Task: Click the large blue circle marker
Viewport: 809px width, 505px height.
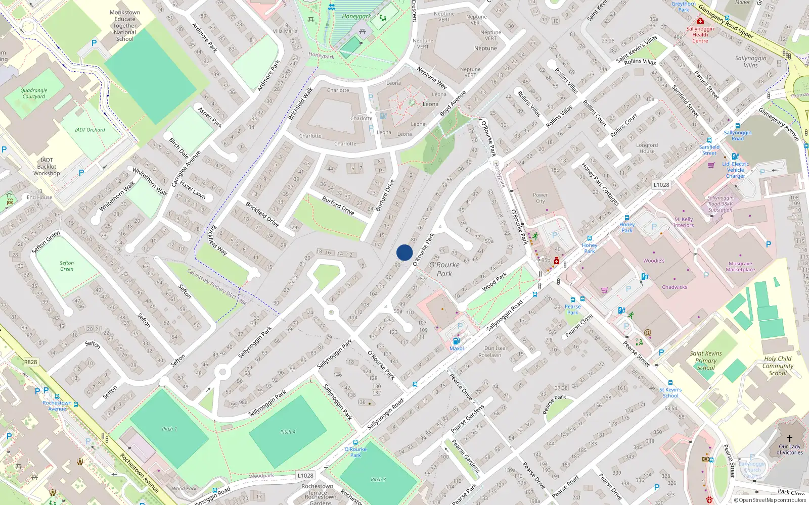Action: pyautogui.click(x=404, y=252)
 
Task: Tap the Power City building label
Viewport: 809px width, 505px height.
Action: pyautogui.click(x=540, y=198)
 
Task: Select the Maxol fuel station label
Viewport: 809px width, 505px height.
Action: pyautogui.click(x=457, y=348)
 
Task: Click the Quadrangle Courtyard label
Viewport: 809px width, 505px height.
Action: pyautogui.click(x=34, y=93)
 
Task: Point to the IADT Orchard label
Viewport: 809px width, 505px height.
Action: pyautogui.click(x=90, y=130)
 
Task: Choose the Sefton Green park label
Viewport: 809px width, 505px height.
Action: pyautogui.click(x=67, y=266)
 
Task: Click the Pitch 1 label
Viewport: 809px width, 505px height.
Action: pyautogui.click(x=169, y=429)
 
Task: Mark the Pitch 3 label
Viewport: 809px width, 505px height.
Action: pyautogui.click(x=378, y=479)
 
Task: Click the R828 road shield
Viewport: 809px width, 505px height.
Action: pyautogui.click(x=30, y=362)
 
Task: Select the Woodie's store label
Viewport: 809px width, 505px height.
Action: pyautogui.click(x=654, y=261)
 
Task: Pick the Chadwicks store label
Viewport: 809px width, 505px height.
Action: pyautogui.click(x=675, y=287)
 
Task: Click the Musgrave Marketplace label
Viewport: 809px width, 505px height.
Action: pyautogui.click(x=740, y=267)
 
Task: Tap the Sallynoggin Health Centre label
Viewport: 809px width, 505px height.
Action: pyautogui.click(x=700, y=35)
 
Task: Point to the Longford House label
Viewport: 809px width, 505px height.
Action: pyautogui.click(x=647, y=148)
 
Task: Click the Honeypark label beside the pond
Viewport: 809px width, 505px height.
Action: pyautogui.click(x=356, y=16)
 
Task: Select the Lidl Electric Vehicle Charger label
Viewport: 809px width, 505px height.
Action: pyautogui.click(x=736, y=170)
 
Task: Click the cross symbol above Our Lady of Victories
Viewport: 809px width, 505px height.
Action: pyautogui.click(x=790, y=438)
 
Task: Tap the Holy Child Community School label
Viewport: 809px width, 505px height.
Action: pyautogui.click(x=778, y=366)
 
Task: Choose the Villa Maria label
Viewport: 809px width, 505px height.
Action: pyautogui.click(x=285, y=31)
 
